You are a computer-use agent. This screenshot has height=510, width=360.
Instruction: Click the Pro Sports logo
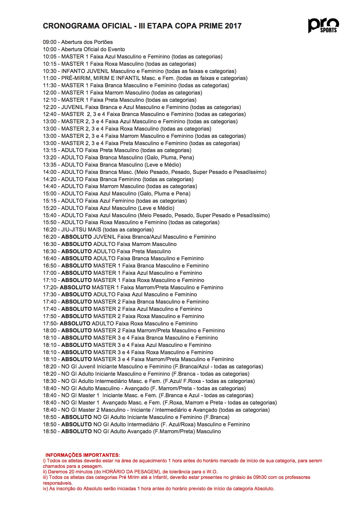pyautogui.click(x=323, y=25)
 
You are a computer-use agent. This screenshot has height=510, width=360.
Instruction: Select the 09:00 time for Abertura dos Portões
pyautogui.click(x=49, y=42)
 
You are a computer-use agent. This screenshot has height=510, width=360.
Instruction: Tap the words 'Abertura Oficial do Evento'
pyautogui.click(x=93, y=49)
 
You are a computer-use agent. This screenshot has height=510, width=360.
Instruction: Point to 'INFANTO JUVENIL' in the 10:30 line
pyautogui.click(x=85, y=71)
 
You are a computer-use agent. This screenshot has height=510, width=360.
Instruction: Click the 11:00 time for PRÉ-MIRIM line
pyautogui.click(x=49, y=78)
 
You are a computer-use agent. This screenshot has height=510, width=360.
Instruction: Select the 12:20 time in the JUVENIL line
pyautogui.click(x=49, y=107)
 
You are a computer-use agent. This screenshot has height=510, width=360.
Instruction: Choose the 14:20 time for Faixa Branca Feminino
pyautogui.click(x=49, y=179)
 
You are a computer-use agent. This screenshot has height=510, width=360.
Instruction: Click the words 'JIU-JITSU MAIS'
pyautogui.click(x=81, y=230)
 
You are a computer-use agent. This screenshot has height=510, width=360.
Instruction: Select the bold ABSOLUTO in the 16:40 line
pyautogui.click(x=76, y=258)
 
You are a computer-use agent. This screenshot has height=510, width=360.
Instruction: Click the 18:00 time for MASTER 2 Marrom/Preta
pyautogui.click(x=49, y=331)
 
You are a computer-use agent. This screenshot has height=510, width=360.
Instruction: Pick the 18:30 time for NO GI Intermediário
pyautogui.click(x=49, y=381)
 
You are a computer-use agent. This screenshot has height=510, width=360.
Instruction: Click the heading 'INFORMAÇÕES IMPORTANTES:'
pyautogui.click(x=83, y=455)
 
